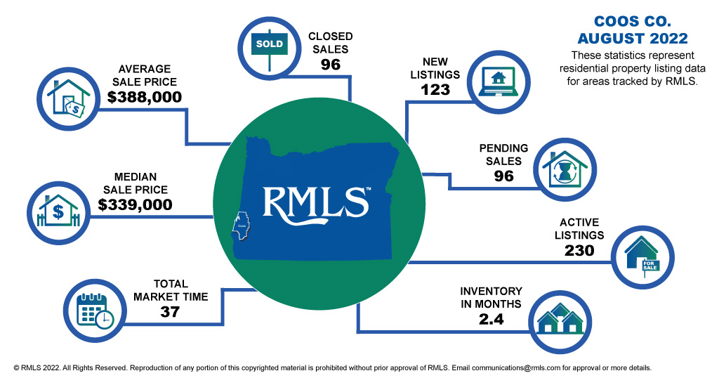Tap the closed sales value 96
(x=331, y=65)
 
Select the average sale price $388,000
(x=145, y=98)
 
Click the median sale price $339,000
(x=136, y=204)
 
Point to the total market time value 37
(x=171, y=312)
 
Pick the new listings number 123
(x=440, y=89)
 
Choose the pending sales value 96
(x=503, y=176)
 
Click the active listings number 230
(x=579, y=250)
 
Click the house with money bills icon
(x=69, y=98)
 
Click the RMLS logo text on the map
(x=316, y=202)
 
